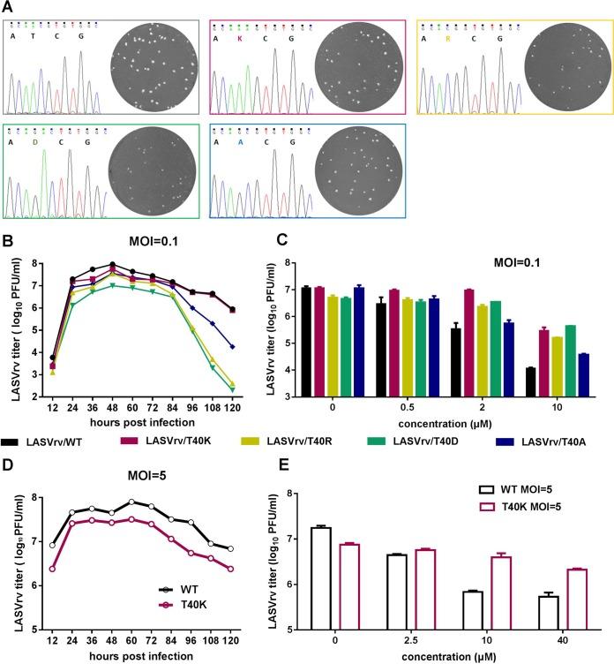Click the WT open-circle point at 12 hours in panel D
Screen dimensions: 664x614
(53, 545)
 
